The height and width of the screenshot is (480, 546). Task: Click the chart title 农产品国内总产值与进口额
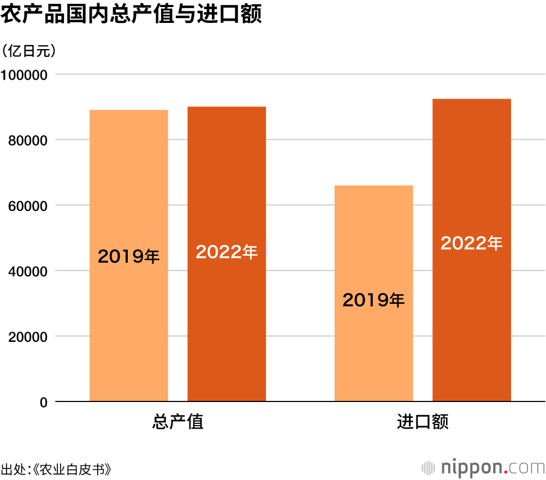131,14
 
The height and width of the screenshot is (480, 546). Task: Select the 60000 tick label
28,206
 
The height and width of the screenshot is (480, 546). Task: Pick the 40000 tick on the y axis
28,271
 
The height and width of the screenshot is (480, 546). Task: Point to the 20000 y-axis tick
28,337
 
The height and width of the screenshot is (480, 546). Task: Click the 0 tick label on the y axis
44,403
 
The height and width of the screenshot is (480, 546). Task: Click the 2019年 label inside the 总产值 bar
129,256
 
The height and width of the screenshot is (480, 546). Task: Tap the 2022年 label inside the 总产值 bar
227,251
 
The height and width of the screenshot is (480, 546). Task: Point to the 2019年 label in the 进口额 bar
373,299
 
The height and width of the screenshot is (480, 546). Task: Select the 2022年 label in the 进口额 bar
472,243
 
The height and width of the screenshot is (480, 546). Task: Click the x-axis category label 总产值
177,422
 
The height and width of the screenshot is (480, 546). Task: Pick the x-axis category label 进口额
423,422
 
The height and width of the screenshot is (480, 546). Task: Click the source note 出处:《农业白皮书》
57,469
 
